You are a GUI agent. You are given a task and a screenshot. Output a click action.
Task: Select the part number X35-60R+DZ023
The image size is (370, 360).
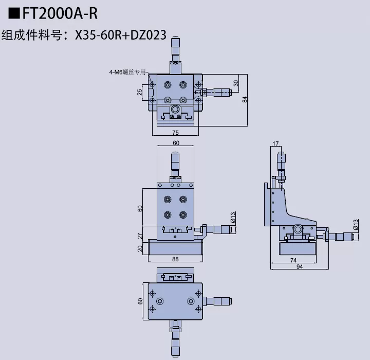[120, 35]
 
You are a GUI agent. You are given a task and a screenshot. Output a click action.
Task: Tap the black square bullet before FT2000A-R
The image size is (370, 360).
[13, 13]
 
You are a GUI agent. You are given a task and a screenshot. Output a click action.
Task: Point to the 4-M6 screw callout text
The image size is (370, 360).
[127, 72]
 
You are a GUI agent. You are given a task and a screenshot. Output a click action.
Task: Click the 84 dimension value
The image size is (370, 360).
[245, 100]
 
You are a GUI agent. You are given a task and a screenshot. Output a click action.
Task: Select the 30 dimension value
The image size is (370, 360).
[236, 83]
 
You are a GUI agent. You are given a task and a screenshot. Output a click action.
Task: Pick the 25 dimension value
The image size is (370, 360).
[140, 93]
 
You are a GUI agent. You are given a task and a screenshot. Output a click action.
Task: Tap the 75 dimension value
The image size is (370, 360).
[175, 132]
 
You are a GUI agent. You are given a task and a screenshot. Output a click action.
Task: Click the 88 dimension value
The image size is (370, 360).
[175, 259]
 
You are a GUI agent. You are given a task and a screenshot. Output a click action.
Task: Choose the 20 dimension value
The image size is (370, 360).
[140, 248]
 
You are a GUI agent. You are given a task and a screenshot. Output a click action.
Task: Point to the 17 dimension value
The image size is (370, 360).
[275, 143]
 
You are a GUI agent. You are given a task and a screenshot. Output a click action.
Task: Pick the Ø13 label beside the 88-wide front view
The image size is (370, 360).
[233, 218]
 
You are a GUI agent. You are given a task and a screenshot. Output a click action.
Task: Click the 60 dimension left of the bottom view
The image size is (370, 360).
[140, 301]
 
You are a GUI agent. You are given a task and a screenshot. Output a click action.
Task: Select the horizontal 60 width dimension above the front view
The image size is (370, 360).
[176, 143]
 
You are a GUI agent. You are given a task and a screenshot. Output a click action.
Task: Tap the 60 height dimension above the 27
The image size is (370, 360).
[140, 208]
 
